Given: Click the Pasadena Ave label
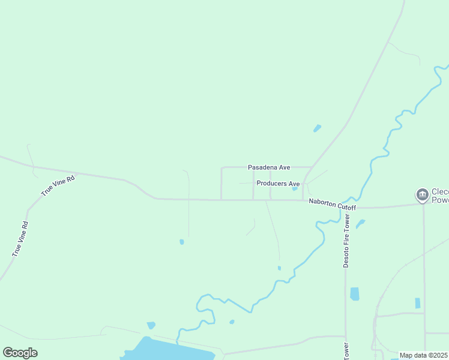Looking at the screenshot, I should (x=269, y=167).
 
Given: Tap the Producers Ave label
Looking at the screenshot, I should (x=277, y=184).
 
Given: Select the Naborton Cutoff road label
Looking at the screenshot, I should (x=332, y=204).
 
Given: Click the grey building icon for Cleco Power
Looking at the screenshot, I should (x=422, y=194).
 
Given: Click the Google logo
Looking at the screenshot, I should (x=20, y=353).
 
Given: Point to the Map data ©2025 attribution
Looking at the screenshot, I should (x=423, y=355).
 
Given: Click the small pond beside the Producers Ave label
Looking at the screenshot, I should (x=295, y=188).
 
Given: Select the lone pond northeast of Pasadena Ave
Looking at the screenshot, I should (x=317, y=128).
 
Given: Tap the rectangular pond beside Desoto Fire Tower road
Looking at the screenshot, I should (x=354, y=293).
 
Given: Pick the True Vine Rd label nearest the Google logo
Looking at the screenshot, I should (x=20, y=239).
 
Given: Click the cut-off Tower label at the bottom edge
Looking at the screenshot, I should (x=346, y=352).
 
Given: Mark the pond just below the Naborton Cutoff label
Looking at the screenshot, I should (x=360, y=224).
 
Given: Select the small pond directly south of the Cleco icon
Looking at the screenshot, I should (x=417, y=303).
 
